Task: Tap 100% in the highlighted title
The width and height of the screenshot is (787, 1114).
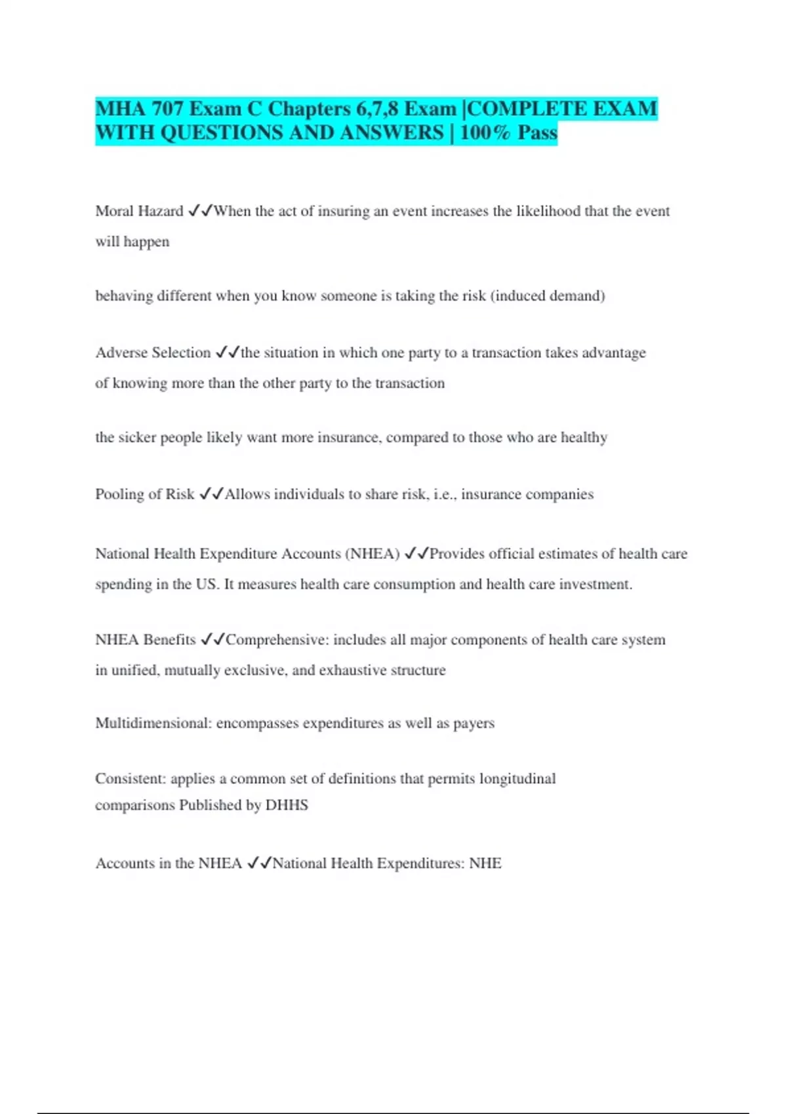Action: coord(485,133)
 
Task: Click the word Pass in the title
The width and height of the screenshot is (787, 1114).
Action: coord(537,133)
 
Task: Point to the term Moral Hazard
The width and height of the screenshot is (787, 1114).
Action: coord(139,211)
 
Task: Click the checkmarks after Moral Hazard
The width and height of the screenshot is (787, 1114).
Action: coord(200,211)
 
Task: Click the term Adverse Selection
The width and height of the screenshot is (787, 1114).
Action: coord(153,353)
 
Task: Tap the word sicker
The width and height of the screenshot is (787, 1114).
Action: coord(138,437)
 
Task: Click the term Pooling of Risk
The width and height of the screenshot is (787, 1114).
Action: coord(144,494)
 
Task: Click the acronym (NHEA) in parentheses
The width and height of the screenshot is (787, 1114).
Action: coord(372,554)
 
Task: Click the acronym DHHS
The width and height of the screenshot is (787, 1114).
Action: coord(287,805)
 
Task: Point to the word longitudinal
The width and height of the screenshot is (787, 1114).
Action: coord(517,778)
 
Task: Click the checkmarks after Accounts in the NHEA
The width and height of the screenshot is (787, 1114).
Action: coord(259,864)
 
